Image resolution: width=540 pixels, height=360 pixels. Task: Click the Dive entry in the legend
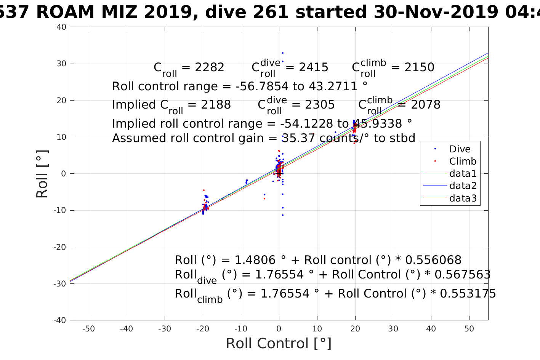pos(460,149)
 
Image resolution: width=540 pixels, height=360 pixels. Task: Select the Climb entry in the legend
pos(463,161)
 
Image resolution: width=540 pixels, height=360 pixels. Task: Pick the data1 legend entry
pos(463,173)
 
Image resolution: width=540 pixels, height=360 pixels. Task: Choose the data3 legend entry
pos(463,198)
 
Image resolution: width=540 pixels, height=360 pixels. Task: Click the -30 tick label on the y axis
pos(60,283)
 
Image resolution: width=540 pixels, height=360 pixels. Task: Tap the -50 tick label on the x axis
pos(88,329)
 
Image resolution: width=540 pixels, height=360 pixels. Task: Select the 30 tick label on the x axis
pos(393,329)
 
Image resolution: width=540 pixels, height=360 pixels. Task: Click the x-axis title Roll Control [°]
pos(279,343)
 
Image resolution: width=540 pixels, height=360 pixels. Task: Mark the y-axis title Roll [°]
pos(42,174)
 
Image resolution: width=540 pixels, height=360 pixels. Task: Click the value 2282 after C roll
pos(210,67)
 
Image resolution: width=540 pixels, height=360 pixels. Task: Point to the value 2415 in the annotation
pos(314,67)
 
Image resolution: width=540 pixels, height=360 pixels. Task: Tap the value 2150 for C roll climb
pos(419,67)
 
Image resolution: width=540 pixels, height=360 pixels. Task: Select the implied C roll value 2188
pos(216,105)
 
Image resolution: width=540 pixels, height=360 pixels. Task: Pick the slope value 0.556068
pos(433,260)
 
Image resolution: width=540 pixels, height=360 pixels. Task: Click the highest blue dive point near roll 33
pos(282,53)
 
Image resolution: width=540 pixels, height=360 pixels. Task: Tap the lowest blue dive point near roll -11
pos(282,215)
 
